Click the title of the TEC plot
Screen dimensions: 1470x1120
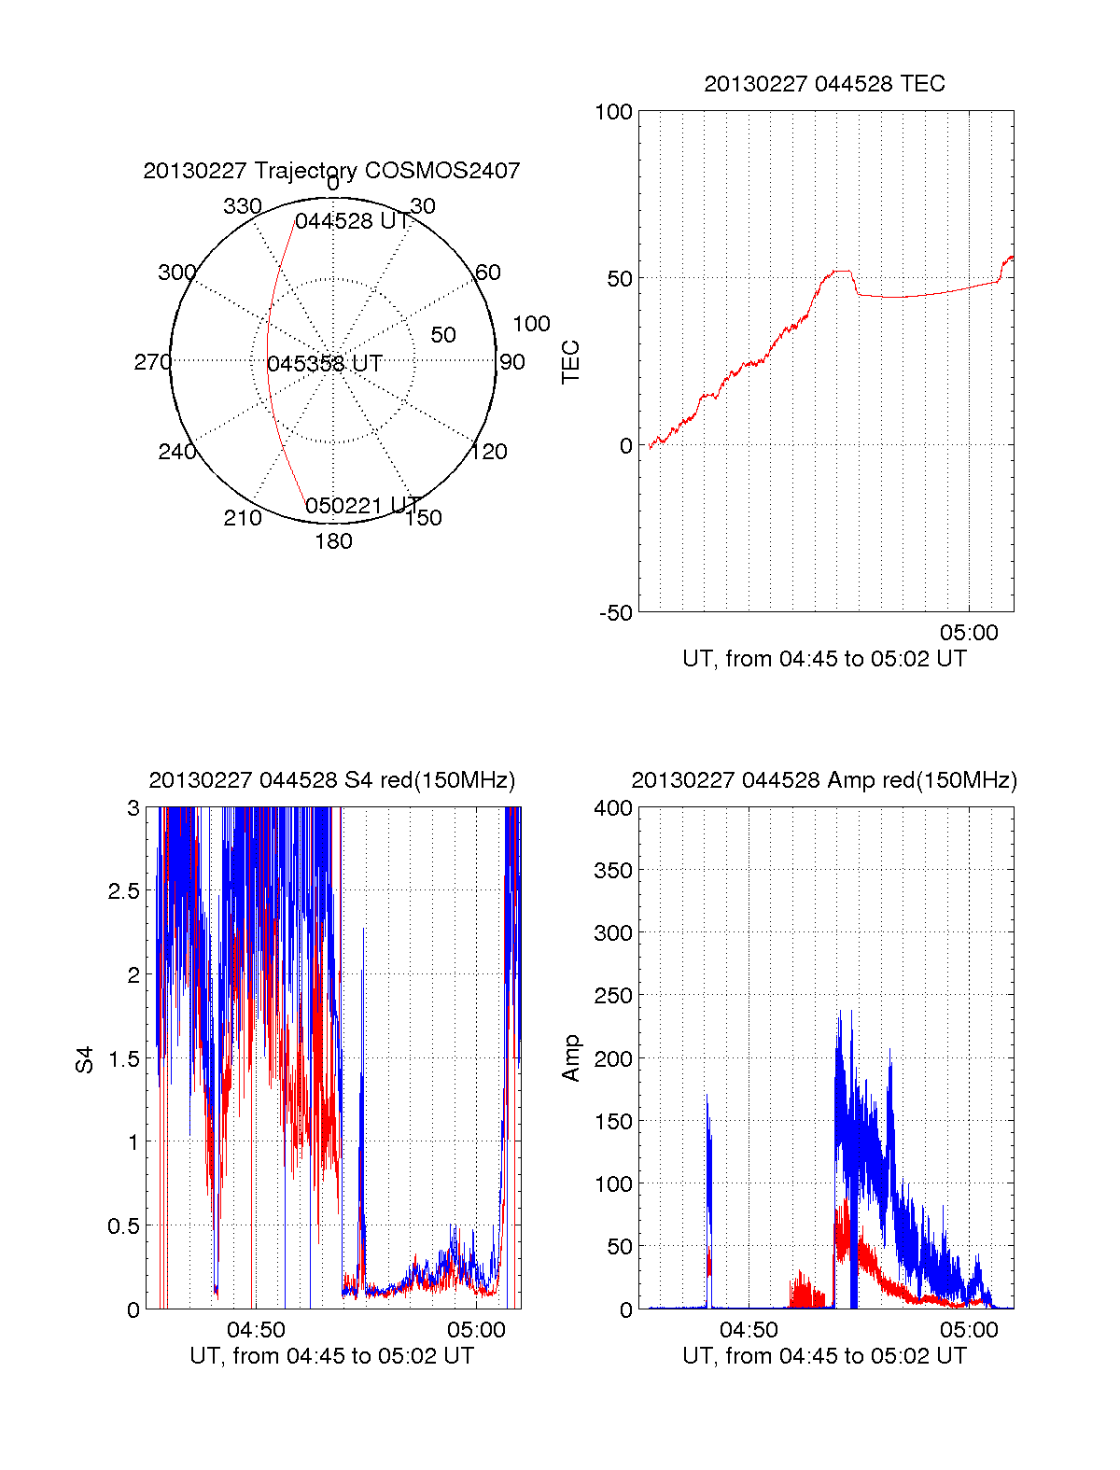tap(824, 84)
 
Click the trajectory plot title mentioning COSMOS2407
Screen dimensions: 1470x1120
tap(331, 171)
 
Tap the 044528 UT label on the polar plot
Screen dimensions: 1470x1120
tap(352, 221)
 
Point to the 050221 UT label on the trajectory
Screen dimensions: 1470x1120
tap(362, 506)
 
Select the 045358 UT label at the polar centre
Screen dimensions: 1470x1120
tap(325, 363)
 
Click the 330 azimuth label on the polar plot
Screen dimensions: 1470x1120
tap(242, 206)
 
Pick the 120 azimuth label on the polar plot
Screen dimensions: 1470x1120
tap(488, 452)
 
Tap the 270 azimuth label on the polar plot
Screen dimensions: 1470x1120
tap(152, 362)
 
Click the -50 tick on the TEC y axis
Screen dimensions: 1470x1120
tap(615, 613)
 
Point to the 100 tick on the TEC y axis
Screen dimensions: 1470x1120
tap(613, 112)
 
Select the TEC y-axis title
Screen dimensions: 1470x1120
tap(570, 362)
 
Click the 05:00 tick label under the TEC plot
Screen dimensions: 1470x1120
tap(969, 633)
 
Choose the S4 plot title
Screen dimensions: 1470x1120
tap(331, 780)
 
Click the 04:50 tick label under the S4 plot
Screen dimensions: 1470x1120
tap(256, 1329)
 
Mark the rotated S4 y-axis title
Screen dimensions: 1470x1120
tap(85, 1059)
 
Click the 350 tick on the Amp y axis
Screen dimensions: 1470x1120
tap(613, 871)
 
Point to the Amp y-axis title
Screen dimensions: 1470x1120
tap(570, 1058)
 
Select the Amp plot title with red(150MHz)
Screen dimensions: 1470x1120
tap(824, 780)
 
